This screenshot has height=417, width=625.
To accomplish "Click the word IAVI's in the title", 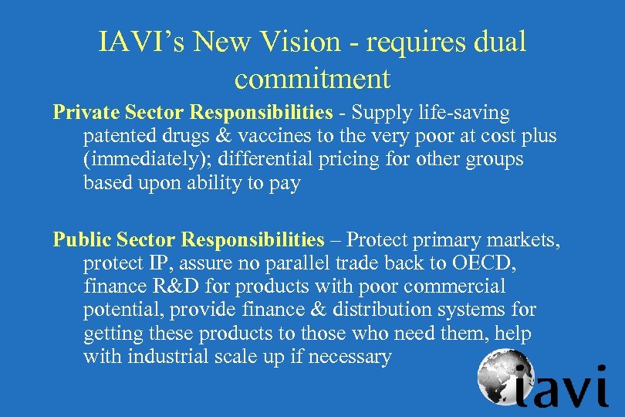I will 141,42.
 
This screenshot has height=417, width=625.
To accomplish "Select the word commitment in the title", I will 312,78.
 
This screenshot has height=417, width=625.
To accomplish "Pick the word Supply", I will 380,113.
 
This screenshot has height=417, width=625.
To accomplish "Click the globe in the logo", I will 501,375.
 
